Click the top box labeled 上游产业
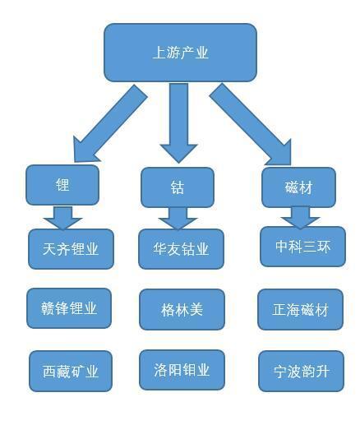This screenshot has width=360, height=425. (x=180, y=53)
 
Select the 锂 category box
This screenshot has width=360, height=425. (x=62, y=185)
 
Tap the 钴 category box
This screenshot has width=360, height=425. (x=178, y=187)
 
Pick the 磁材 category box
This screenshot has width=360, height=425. (x=298, y=187)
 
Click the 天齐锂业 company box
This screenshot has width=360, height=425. (x=71, y=249)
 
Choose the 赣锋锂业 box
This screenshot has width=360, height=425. (x=69, y=308)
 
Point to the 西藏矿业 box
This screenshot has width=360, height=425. (x=71, y=371)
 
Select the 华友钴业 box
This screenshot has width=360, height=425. (x=181, y=249)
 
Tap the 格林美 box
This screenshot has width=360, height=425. (x=182, y=310)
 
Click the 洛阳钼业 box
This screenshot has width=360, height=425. (x=182, y=370)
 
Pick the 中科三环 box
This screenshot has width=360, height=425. (x=302, y=247)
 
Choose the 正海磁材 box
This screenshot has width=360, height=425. (x=300, y=310)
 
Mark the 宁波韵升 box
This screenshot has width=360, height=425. (x=301, y=372)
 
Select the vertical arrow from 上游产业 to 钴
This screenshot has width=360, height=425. (x=178, y=123)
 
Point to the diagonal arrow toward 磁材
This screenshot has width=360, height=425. (x=251, y=125)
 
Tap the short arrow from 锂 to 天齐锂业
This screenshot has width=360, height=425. (x=62, y=218)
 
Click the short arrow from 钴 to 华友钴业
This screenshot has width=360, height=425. (x=178, y=219)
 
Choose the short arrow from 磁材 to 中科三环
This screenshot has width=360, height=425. (x=300, y=218)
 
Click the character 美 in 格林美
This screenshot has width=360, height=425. (x=196, y=310)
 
